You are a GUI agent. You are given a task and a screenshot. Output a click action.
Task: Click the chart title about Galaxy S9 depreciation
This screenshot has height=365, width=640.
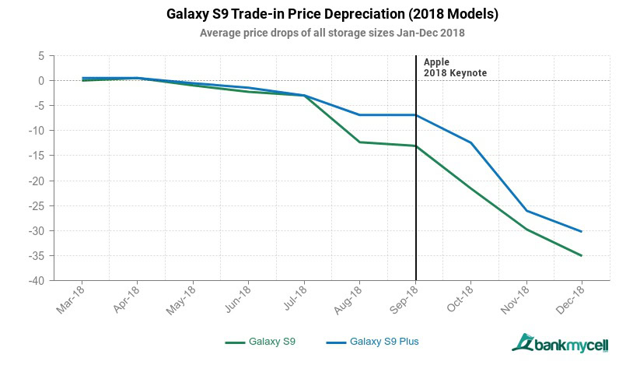[x=322, y=15]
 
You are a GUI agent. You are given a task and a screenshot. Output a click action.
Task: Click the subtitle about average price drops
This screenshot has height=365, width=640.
[x=321, y=33]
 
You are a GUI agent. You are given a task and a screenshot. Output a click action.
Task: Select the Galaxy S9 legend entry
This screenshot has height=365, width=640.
[x=261, y=341]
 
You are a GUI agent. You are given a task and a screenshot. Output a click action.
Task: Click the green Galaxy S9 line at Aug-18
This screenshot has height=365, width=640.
[x=359, y=142]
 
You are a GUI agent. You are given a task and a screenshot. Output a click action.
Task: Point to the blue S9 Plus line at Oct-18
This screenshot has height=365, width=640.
[x=470, y=142]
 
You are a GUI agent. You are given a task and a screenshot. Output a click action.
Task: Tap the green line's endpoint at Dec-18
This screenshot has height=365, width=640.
[x=582, y=255]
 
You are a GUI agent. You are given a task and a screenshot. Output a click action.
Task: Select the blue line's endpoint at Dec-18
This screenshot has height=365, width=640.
[x=582, y=231]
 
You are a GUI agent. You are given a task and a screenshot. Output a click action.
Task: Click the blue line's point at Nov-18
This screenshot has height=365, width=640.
[x=526, y=210]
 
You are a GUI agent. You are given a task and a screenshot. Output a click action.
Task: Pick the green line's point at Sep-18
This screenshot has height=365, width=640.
[x=415, y=146]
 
